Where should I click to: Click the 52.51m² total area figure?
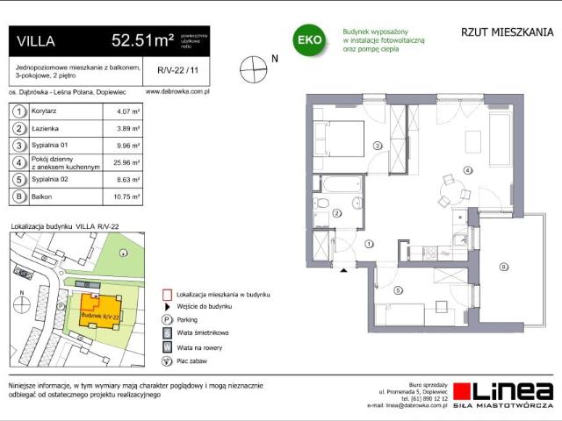(x=141, y=39)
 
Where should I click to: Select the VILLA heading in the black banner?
(x=36, y=40)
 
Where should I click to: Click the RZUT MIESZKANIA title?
(x=507, y=32)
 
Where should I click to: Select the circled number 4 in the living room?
(x=468, y=170)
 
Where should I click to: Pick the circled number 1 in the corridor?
(x=369, y=244)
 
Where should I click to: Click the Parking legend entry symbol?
(x=166, y=320)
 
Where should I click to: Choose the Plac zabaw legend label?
(x=194, y=360)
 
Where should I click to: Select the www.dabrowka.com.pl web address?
(x=176, y=89)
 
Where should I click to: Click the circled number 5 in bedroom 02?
(x=397, y=290)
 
